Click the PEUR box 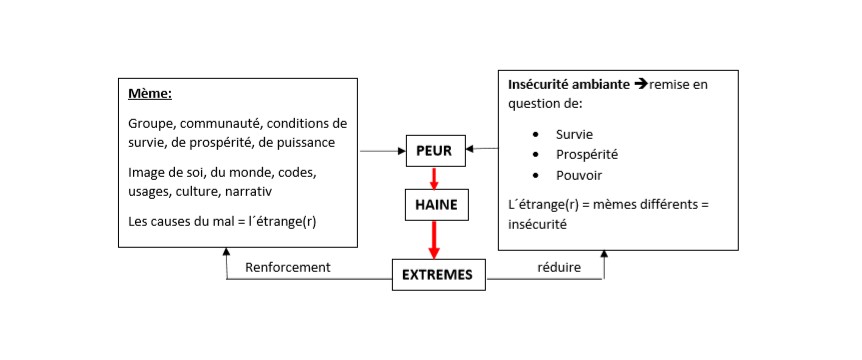click(x=433, y=150)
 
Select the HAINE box click(x=433, y=204)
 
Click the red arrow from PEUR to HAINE click(x=433, y=178)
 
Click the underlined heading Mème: click(x=150, y=95)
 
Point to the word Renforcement click(x=287, y=267)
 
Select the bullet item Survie click(x=575, y=133)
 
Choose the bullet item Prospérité click(x=587, y=154)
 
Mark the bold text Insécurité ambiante click(x=569, y=85)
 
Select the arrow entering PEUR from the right click(x=483, y=149)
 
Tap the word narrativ click(x=248, y=190)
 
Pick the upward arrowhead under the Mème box click(x=227, y=256)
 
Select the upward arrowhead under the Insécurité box click(x=604, y=256)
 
